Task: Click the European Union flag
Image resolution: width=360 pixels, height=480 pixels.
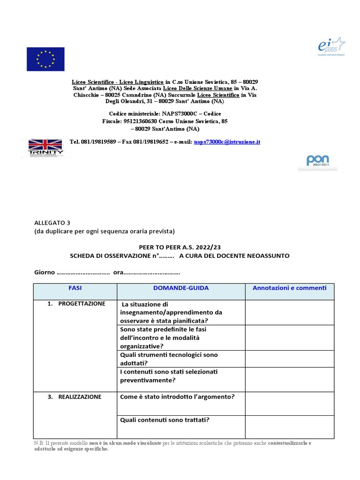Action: point(45,60)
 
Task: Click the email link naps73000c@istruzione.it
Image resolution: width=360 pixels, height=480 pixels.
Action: point(227,142)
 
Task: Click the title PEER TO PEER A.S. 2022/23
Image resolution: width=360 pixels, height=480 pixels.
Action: point(179,247)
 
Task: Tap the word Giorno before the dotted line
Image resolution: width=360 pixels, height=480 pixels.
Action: point(45,272)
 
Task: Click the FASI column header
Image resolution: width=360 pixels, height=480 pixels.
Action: point(75,288)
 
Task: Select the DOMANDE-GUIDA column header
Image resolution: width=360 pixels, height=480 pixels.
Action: point(180,288)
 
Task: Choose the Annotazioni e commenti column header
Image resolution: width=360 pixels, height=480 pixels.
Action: point(289,288)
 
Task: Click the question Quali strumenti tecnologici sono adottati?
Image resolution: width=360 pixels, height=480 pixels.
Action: point(168,359)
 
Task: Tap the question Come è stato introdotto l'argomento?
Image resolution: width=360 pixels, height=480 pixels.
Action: point(177,397)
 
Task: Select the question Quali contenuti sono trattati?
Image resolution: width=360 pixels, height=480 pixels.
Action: point(165,420)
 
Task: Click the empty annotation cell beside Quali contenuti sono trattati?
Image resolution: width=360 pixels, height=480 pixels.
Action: point(289,427)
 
